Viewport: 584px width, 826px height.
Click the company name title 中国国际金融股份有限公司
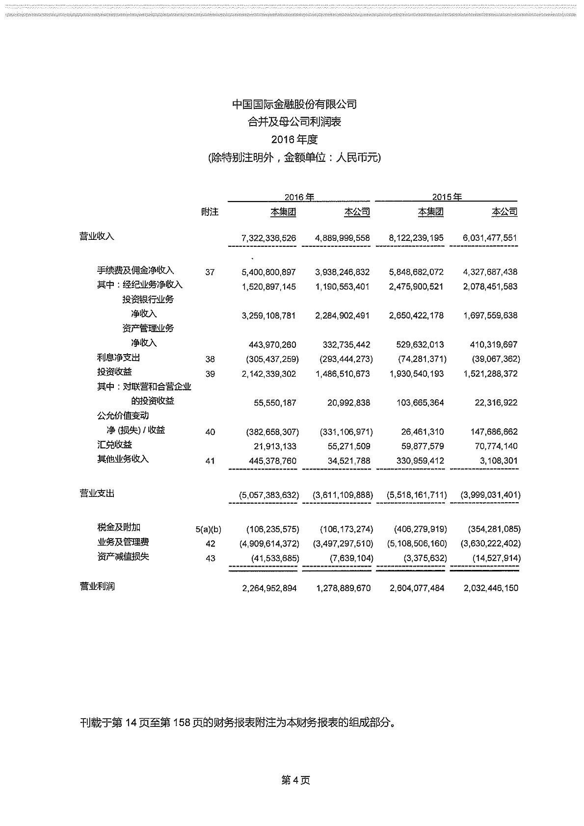point(294,104)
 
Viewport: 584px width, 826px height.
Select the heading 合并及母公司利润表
point(294,122)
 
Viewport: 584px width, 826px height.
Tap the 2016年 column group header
point(299,197)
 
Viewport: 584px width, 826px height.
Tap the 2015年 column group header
point(447,197)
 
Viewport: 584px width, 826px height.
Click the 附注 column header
point(210,212)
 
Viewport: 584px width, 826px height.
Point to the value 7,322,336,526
point(269,238)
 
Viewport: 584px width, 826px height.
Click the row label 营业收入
point(97,236)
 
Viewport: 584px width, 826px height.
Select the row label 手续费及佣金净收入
point(135,270)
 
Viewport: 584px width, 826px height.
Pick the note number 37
point(210,272)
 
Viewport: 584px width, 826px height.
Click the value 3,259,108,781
point(269,315)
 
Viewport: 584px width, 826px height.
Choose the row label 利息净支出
point(118,358)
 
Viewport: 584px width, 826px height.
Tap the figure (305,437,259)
point(272,359)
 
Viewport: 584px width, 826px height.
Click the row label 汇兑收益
point(114,445)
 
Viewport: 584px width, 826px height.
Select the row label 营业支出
point(97,493)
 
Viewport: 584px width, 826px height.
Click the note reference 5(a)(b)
point(208,529)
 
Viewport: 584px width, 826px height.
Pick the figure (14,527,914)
point(497,558)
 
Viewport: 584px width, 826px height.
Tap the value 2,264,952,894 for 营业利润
point(269,588)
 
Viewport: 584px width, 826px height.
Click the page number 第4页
point(295,780)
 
